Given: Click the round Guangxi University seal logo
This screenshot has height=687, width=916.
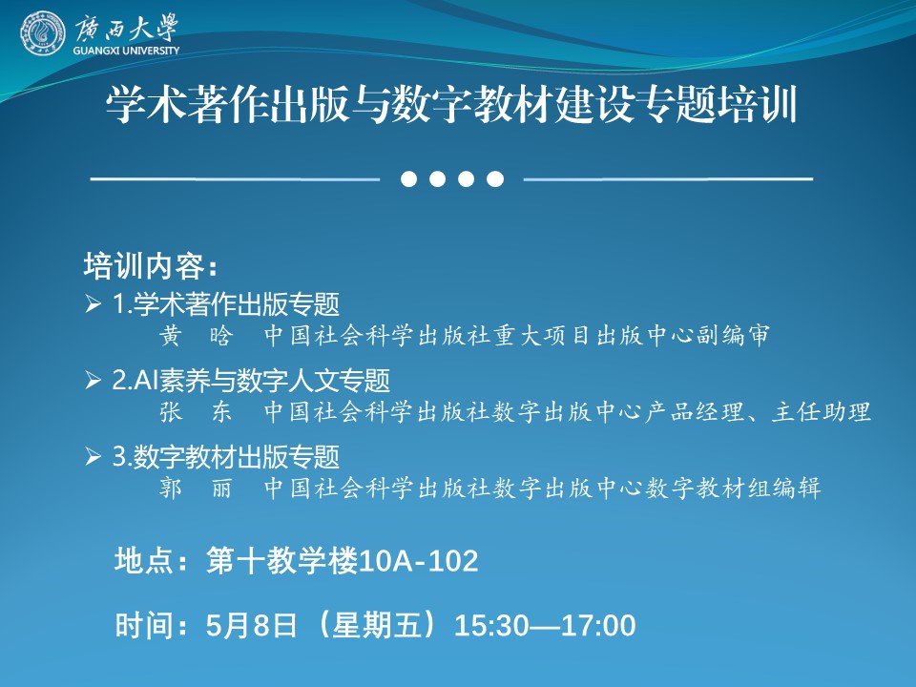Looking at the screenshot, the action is click(43, 33).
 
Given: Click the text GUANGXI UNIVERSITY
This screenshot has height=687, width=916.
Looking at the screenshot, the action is click(126, 51).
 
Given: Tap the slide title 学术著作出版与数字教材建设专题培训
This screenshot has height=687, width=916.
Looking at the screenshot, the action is click(451, 104).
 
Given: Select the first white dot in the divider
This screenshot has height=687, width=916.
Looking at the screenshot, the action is click(409, 178).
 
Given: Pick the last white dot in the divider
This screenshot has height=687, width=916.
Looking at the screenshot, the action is click(495, 178).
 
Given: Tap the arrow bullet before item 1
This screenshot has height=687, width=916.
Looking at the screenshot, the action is click(93, 303).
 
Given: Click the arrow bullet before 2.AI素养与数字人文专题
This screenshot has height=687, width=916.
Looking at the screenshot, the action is click(93, 380).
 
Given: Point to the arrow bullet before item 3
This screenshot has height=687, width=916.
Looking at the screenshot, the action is click(93, 456).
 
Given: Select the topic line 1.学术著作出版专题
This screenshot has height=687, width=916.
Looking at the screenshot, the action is click(225, 303).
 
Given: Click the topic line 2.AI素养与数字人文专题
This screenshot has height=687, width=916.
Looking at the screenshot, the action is click(251, 380).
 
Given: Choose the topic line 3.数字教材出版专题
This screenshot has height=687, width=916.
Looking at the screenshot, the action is click(225, 456).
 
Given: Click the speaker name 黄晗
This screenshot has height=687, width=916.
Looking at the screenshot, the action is click(197, 335).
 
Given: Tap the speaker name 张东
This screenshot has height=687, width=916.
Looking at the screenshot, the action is click(197, 411).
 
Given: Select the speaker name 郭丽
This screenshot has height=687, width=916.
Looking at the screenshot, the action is click(197, 488).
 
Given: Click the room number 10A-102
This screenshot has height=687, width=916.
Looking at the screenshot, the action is click(419, 561).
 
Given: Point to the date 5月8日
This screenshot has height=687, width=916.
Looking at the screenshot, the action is click(251, 625).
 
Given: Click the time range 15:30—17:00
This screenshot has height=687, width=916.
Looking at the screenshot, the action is click(545, 625).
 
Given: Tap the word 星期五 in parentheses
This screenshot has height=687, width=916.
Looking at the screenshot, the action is click(376, 625).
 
